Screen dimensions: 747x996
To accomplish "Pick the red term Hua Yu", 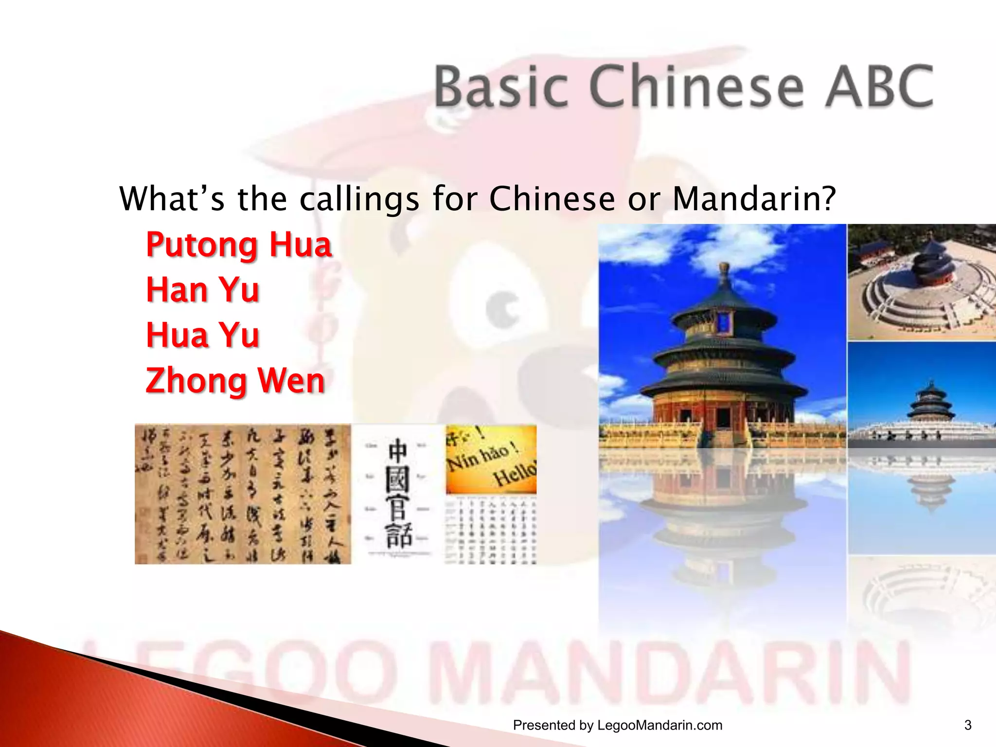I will tap(202, 335).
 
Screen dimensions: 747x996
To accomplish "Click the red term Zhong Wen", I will tap(235, 381).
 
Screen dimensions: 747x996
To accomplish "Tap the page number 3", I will tap(967, 725).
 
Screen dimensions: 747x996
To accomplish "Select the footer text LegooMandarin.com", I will tap(659, 725).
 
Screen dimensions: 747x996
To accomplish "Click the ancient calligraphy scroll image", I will tap(242, 494).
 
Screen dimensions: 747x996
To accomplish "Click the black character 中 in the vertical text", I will tap(398, 451).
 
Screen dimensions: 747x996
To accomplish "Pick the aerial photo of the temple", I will tap(921, 282).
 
